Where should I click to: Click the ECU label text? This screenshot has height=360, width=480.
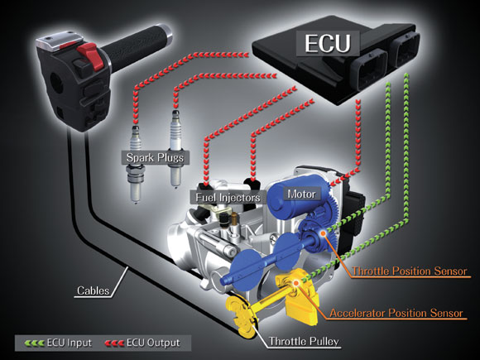[327, 44]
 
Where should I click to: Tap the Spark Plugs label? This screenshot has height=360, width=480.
[155, 157]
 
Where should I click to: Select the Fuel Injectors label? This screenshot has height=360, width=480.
[228, 198]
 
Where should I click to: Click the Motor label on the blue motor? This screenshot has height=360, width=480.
[301, 194]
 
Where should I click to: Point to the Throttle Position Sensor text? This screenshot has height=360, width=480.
[410, 271]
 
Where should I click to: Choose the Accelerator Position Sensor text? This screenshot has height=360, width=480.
[396, 313]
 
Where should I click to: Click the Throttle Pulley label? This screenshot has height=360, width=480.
[304, 341]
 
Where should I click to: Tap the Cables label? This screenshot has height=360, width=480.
[93, 290]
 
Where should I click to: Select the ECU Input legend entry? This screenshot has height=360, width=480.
[58, 343]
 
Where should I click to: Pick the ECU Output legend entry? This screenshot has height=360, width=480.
[142, 343]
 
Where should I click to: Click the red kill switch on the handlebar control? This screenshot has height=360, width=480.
[89, 55]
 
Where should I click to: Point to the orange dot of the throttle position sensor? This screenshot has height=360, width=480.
[323, 233]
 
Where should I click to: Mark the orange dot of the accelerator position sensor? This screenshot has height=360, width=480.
[295, 283]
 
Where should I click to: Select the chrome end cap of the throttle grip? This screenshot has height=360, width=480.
[167, 33]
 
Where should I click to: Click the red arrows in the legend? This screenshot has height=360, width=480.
[114, 343]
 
